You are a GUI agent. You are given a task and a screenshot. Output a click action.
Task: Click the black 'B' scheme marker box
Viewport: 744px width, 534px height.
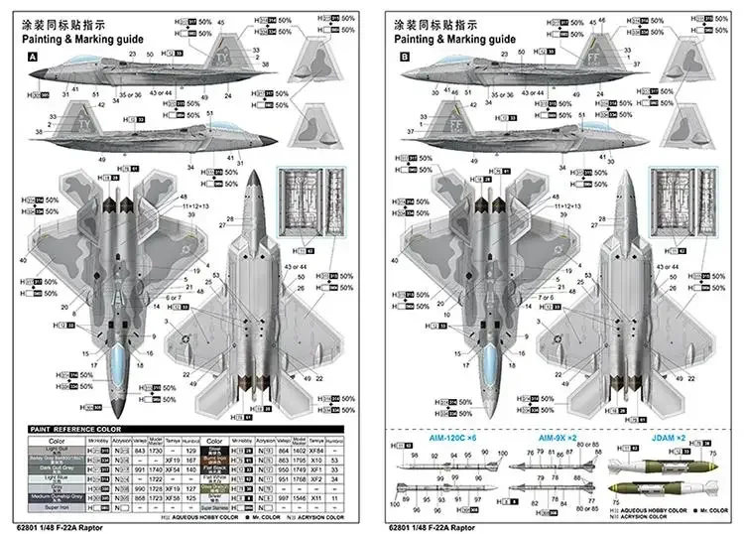point(404,58)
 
